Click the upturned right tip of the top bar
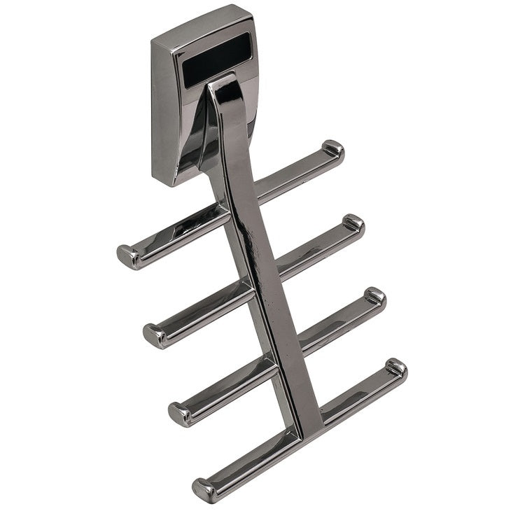coord(332,150)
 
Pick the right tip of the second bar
coord(353,223)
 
